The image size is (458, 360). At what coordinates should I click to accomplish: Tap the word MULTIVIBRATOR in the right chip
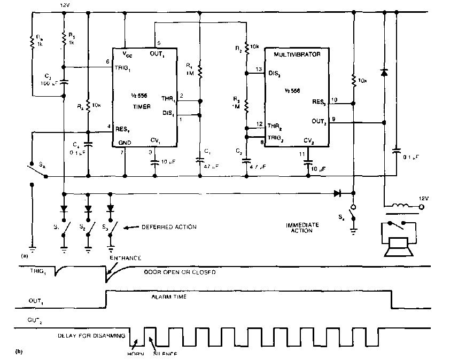tap(297, 54)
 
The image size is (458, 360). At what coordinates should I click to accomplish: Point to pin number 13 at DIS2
tap(259, 70)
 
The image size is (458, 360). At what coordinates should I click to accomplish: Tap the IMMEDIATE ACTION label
tap(302, 228)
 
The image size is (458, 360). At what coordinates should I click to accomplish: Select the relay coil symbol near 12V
tap(399, 206)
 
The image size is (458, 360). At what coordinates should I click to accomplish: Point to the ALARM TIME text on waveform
tap(169, 296)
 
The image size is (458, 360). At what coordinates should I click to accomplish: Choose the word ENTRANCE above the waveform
tap(126, 259)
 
